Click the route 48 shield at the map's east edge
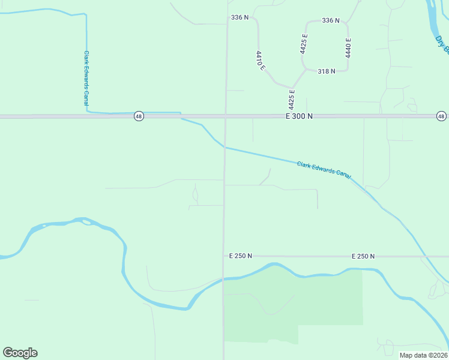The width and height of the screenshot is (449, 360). click(x=441, y=116)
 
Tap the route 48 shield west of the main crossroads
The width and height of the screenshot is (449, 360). click(x=139, y=116)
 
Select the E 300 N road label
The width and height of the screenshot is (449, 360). click(x=300, y=116)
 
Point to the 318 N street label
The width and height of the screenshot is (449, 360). click(x=326, y=71)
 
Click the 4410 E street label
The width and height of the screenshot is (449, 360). click(x=261, y=61)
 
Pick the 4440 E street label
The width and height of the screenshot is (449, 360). click(x=348, y=47)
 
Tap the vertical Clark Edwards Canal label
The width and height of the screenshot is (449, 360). click(x=86, y=77)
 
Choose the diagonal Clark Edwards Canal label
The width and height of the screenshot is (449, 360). click(x=324, y=169)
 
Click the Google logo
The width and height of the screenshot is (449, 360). click(x=20, y=353)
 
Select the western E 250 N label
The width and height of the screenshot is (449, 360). click(x=241, y=256)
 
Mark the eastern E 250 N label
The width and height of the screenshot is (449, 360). click(x=363, y=256)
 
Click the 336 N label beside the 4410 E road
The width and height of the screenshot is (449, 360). click(x=239, y=17)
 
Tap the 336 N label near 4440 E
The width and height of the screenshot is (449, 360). click(x=330, y=20)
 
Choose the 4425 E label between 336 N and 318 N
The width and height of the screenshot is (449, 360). click(x=305, y=44)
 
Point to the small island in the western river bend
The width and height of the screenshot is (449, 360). click(x=86, y=222)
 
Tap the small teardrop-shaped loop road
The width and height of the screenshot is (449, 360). click(x=195, y=194)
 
